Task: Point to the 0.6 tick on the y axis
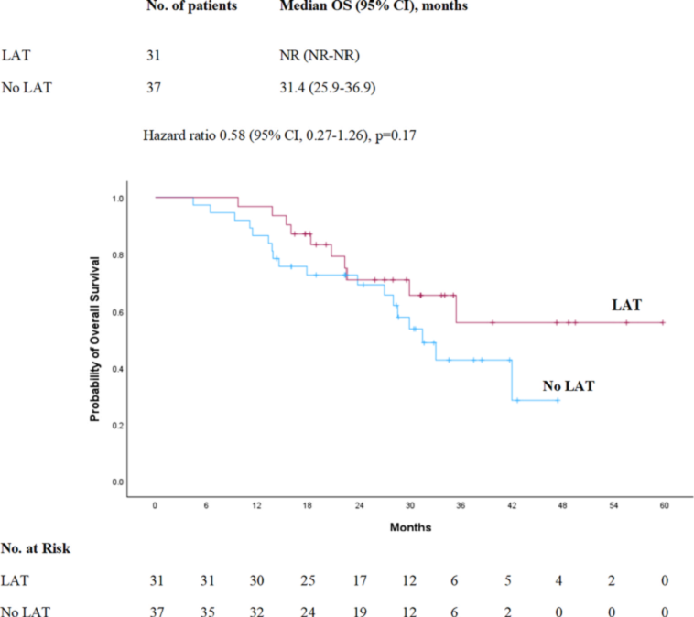(x=118, y=312)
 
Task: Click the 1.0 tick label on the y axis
(x=118, y=198)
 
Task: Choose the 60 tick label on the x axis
(x=662, y=504)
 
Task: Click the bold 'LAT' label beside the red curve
(x=626, y=305)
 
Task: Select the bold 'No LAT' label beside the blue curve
(x=568, y=386)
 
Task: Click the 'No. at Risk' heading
(x=35, y=549)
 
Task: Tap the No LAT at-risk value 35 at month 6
(x=208, y=609)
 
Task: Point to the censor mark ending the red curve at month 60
(x=662, y=322)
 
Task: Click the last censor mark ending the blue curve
(x=558, y=400)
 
